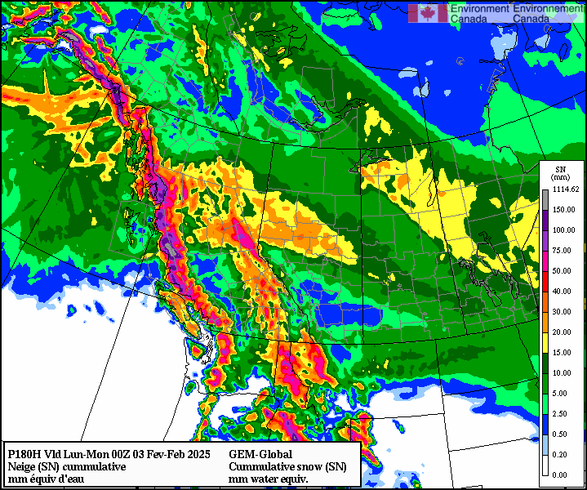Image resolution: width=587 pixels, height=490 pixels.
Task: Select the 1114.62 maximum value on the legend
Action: pos(565,189)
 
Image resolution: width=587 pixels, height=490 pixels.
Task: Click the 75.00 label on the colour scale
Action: pos(563,251)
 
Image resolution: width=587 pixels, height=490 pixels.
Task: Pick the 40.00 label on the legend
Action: pos(563,292)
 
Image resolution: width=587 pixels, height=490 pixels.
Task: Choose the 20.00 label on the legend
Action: pos(563,332)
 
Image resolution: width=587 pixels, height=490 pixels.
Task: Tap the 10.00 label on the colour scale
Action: pos(563,373)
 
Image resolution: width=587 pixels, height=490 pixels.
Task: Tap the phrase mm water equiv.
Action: pos(269,479)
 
